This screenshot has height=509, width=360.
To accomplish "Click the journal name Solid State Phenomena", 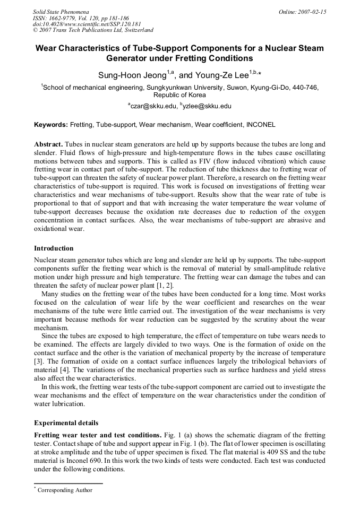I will (x=61, y=11).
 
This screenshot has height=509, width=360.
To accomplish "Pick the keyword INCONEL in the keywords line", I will (x=261, y=125).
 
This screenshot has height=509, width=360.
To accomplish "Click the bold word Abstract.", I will (x=49, y=144).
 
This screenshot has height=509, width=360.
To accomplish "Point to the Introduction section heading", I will (x=54, y=248).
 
